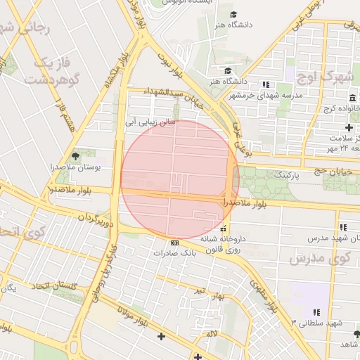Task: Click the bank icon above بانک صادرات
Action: [175, 243]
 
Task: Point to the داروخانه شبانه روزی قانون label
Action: [222, 243]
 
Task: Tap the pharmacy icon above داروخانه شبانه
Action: [224, 229]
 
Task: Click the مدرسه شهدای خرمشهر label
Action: [265, 95]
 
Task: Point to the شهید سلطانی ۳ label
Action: [316, 322]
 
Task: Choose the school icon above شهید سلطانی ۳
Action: [316, 311]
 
